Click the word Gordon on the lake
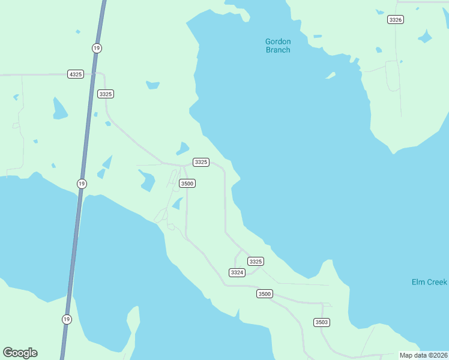(278, 41)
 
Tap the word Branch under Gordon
(278, 50)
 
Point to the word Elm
(418, 282)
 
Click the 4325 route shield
(76, 74)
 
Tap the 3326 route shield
(395, 20)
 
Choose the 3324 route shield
(237, 272)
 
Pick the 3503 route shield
(322, 322)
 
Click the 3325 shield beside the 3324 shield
(256, 261)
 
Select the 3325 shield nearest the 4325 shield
(106, 94)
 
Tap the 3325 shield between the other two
(201, 162)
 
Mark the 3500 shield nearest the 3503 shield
(265, 293)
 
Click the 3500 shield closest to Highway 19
(187, 183)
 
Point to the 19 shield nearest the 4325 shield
(96, 47)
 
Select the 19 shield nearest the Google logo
(66, 319)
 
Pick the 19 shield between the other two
(82, 183)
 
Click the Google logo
(20, 353)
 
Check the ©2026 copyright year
(438, 355)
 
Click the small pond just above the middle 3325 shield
(182, 148)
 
